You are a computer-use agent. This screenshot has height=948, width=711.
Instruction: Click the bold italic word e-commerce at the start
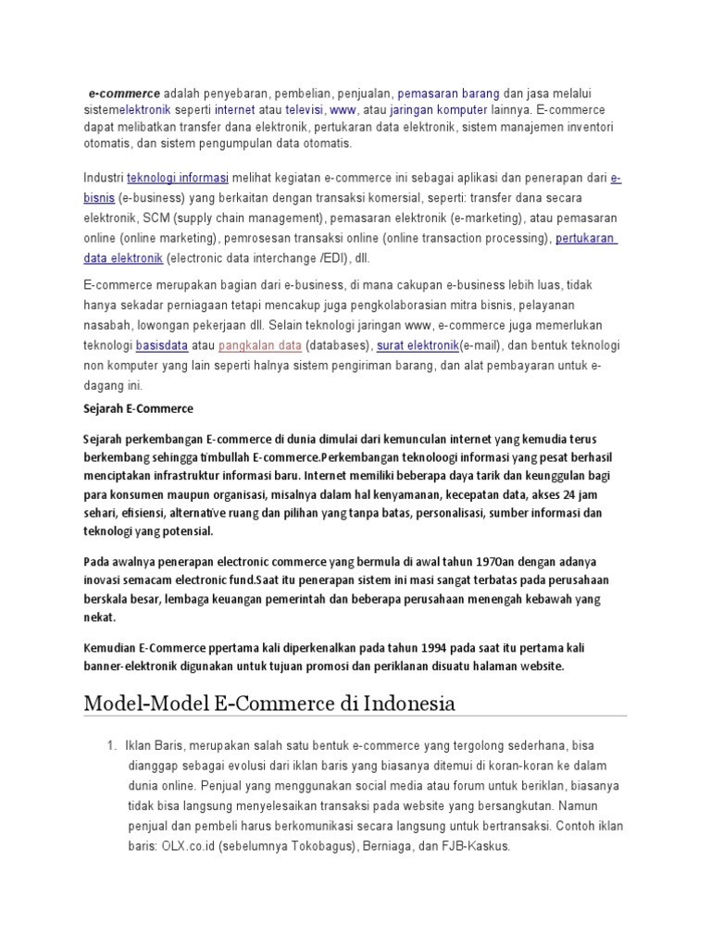click(x=124, y=94)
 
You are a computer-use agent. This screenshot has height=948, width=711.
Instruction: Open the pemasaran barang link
click(x=449, y=94)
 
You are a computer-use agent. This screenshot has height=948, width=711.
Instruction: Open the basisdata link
click(x=162, y=345)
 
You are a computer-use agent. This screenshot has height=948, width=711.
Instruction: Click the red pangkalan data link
click(x=260, y=345)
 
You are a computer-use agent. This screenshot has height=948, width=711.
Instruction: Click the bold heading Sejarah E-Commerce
click(x=138, y=408)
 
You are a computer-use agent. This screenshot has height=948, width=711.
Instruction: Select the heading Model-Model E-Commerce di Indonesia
click(x=269, y=703)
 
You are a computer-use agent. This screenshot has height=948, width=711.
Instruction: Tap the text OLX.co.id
click(x=189, y=846)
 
